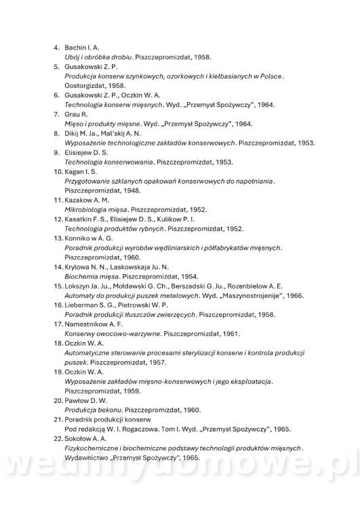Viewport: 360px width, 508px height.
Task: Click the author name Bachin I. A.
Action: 82,48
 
